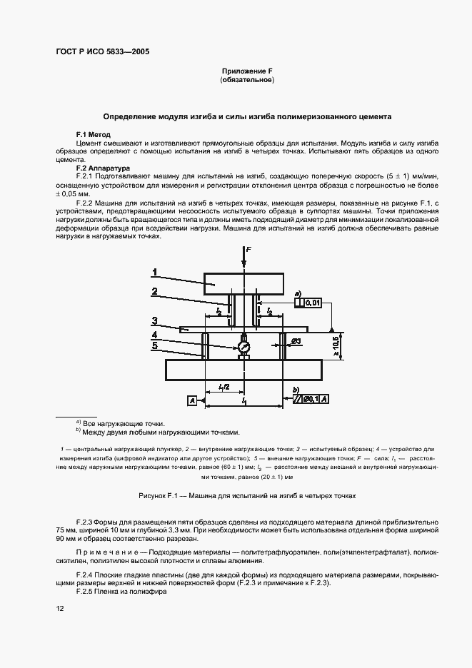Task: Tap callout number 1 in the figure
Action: tap(154, 270)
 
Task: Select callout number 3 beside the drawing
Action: tap(154, 320)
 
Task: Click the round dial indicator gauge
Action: tap(244, 346)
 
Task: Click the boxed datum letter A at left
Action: tap(193, 403)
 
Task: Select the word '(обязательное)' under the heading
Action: tap(247, 80)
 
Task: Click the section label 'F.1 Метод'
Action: tap(94, 135)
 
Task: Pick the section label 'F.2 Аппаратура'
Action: tap(103, 168)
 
